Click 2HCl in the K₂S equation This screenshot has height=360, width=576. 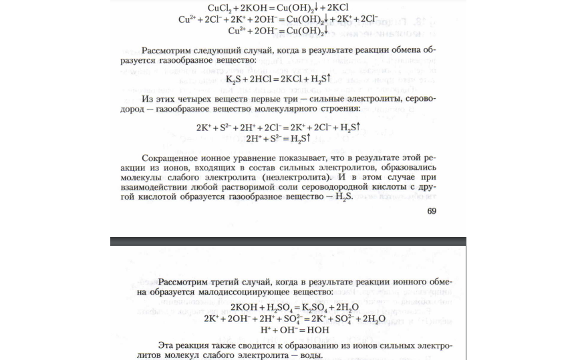tap(263, 80)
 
